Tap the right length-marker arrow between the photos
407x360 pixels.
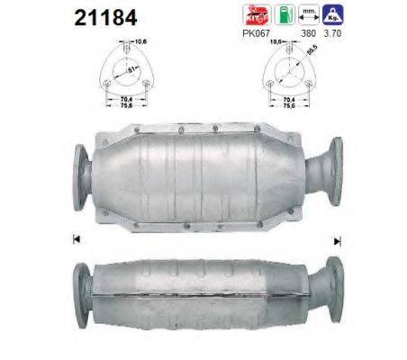click(x=338, y=240)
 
